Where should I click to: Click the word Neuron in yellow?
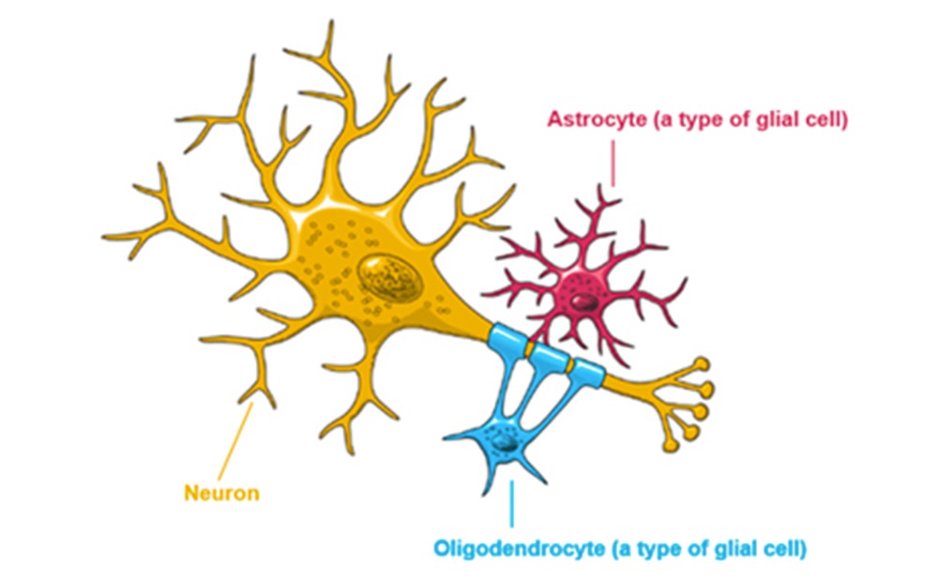tap(222, 492)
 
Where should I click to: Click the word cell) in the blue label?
tap(785, 548)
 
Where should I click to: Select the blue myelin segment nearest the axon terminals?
tap(588, 374)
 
